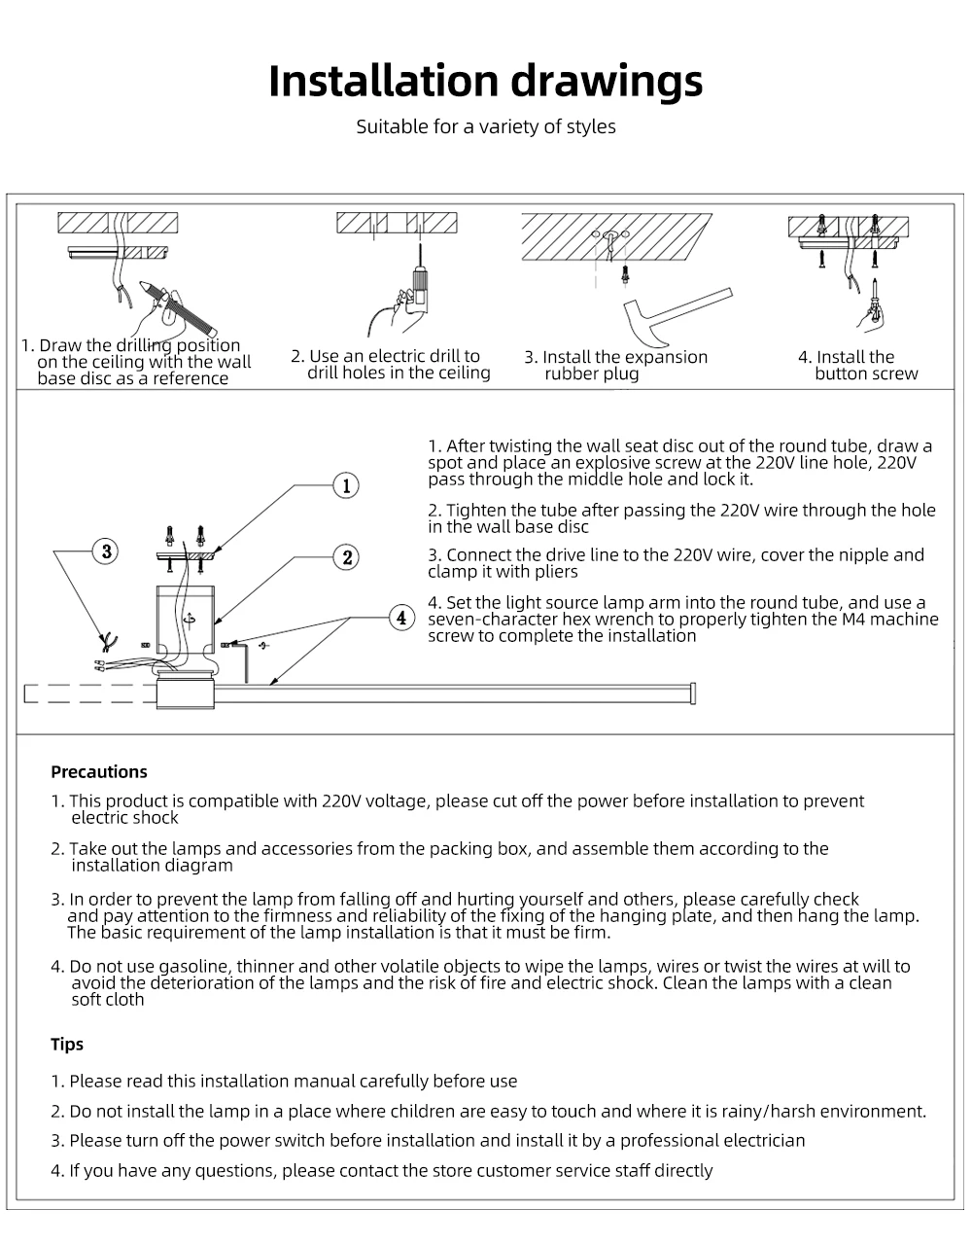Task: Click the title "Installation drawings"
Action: point(485,81)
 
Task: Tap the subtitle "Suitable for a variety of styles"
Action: point(485,126)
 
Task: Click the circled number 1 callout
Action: point(346,484)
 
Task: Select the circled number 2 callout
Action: point(347,557)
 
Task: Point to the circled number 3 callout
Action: point(105,551)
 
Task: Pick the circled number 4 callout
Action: point(401,617)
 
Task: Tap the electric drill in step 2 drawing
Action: point(418,284)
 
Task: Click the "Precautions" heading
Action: point(99,772)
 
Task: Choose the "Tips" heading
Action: point(67,1045)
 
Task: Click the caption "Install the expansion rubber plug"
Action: point(616,366)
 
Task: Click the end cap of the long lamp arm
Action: point(693,693)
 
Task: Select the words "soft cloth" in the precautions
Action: point(108,1000)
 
